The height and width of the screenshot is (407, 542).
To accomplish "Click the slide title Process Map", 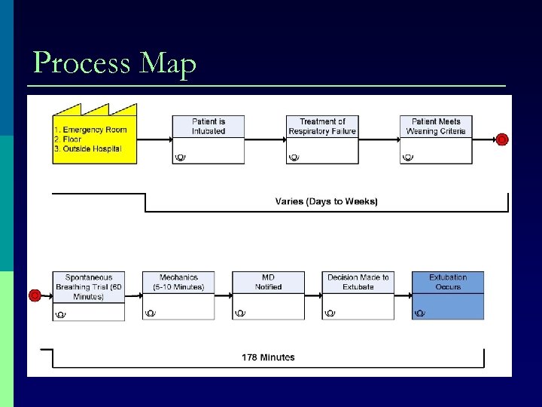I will pyautogui.click(x=114, y=63).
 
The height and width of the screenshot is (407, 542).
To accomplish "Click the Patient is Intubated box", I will pyautogui.click(x=208, y=139).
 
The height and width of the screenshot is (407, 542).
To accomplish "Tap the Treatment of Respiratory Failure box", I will pyautogui.click(x=322, y=139).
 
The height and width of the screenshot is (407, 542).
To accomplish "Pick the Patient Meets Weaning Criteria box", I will pyautogui.click(x=436, y=139).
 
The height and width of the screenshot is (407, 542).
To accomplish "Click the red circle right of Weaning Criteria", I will pyautogui.click(x=502, y=139).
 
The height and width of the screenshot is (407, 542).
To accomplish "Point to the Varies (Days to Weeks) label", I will pyautogui.click(x=326, y=201).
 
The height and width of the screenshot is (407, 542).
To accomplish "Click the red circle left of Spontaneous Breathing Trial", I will pyautogui.click(x=34, y=295).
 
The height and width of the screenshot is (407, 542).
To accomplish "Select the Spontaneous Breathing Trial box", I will pyautogui.click(x=89, y=296).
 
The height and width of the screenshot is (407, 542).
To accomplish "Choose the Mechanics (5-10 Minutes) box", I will pyautogui.click(x=178, y=296).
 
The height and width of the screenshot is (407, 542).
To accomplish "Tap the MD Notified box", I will pyautogui.click(x=268, y=296).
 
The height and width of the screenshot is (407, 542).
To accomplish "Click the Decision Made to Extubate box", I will pyautogui.click(x=358, y=296).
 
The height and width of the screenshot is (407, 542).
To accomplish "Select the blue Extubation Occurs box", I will pyautogui.click(x=448, y=296).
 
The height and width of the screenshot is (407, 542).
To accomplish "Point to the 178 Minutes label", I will pyautogui.click(x=268, y=357).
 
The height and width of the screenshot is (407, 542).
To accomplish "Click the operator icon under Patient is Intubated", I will pyautogui.click(x=180, y=157).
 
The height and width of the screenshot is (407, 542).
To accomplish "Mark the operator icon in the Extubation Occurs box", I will pyautogui.click(x=420, y=313).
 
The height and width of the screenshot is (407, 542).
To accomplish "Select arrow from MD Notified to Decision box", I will pyautogui.click(x=313, y=295).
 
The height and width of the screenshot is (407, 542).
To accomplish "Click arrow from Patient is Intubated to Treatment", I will pyautogui.click(x=265, y=139).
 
